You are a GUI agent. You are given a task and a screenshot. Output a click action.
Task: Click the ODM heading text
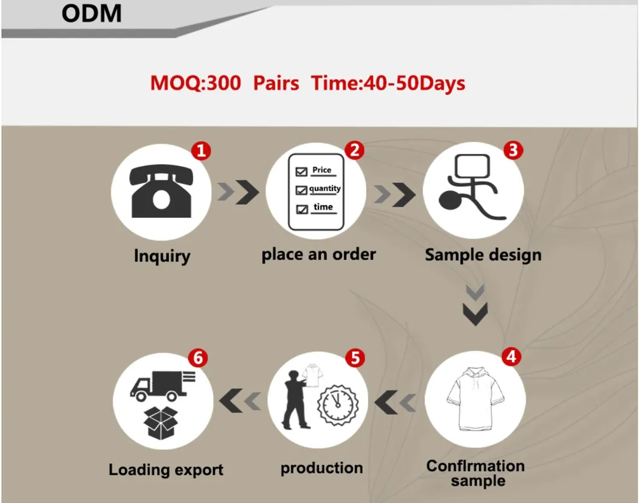click(91, 13)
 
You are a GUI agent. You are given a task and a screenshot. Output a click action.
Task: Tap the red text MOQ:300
click(195, 83)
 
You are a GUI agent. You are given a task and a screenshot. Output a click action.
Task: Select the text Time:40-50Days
click(388, 83)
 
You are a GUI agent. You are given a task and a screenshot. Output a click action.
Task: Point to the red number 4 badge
click(510, 356)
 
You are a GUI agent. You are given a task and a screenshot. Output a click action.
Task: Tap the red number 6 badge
click(197, 358)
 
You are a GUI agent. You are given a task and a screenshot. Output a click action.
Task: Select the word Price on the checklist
click(322, 170)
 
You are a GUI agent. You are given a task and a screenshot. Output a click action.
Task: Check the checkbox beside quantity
click(301, 190)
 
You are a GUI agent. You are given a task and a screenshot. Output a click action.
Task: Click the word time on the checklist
click(323, 207)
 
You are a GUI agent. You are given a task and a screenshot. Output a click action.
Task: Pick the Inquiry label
click(161, 256)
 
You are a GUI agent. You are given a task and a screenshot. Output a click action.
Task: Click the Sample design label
click(483, 255)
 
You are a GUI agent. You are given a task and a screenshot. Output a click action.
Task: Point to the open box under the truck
click(162, 423)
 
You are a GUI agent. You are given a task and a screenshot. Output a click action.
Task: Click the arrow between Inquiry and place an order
click(238, 192)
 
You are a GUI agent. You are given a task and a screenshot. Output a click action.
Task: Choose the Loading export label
click(166, 470)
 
